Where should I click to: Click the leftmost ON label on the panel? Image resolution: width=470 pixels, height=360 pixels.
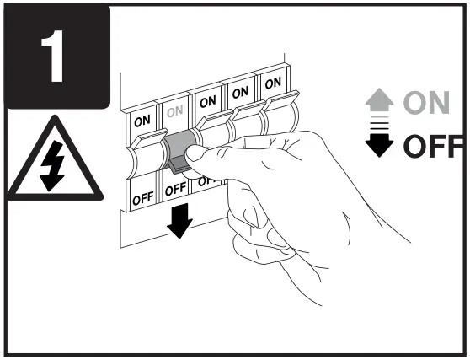click(142, 120)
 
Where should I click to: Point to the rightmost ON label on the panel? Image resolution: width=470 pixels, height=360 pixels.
click(271, 83)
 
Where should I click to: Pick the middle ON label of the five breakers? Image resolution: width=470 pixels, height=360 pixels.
click(206, 99)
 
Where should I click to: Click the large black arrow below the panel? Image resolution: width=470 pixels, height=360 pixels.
click(179, 221)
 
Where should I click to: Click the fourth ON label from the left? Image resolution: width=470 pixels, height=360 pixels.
click(240, 92)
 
